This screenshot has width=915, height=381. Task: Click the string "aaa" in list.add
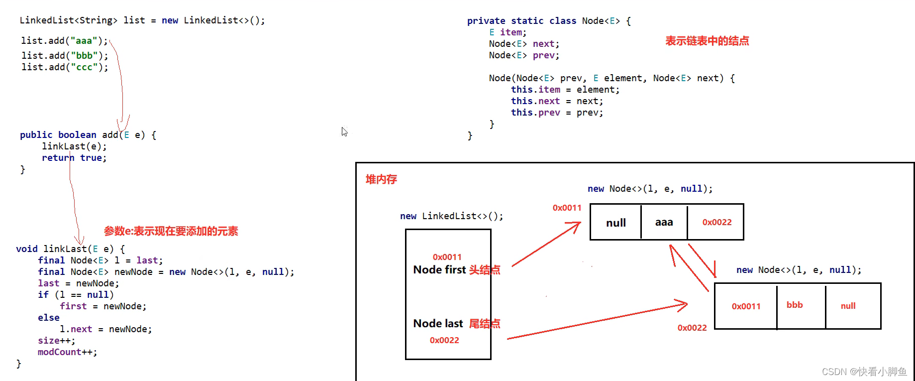pyautogui.click(x=84, y=41)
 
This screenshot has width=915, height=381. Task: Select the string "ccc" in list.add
pyautogui.click(x=84, y=67)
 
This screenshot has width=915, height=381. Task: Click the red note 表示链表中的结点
pyautogui.click(x=707, y=41)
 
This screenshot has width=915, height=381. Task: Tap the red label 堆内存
pyautogui.click(x=381, y=179)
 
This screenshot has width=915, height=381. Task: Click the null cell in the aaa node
pyautogui.click(x=616, y=223)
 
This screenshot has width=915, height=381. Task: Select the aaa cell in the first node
pyautogui.click(x=664, y=222)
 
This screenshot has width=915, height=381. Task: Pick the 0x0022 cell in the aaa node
pyautogui.click(x=716, y=222)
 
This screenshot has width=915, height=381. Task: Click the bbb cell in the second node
pyautogui.click(x=795, y=305)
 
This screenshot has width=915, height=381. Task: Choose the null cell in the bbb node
pyautogui.click(x=848, y=306)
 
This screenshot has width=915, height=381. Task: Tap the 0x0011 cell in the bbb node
pyautogui.click(x=746, y=306)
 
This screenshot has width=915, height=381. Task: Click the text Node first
pyautogui.click(x=439, y=270)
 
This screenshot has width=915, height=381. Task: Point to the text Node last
pyautogui.click(x=438, y=324)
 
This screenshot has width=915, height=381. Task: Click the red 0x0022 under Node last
pyautogui.click(x=444, y=340)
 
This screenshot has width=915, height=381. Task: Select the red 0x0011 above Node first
pyautogui.click(x=447, y=257)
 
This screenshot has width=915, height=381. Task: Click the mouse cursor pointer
pyautogui.click(x=344, y=131)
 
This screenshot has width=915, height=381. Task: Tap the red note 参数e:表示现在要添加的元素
pyautogui.click(x=171, y=231)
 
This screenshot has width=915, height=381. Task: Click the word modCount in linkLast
pyautogui.click(x=59, y=352)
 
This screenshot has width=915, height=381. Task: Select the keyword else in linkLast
pyautogui.click(x=49, y=318)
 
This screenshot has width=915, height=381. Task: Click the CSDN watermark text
pyautogui.click(x=864, y=372)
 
